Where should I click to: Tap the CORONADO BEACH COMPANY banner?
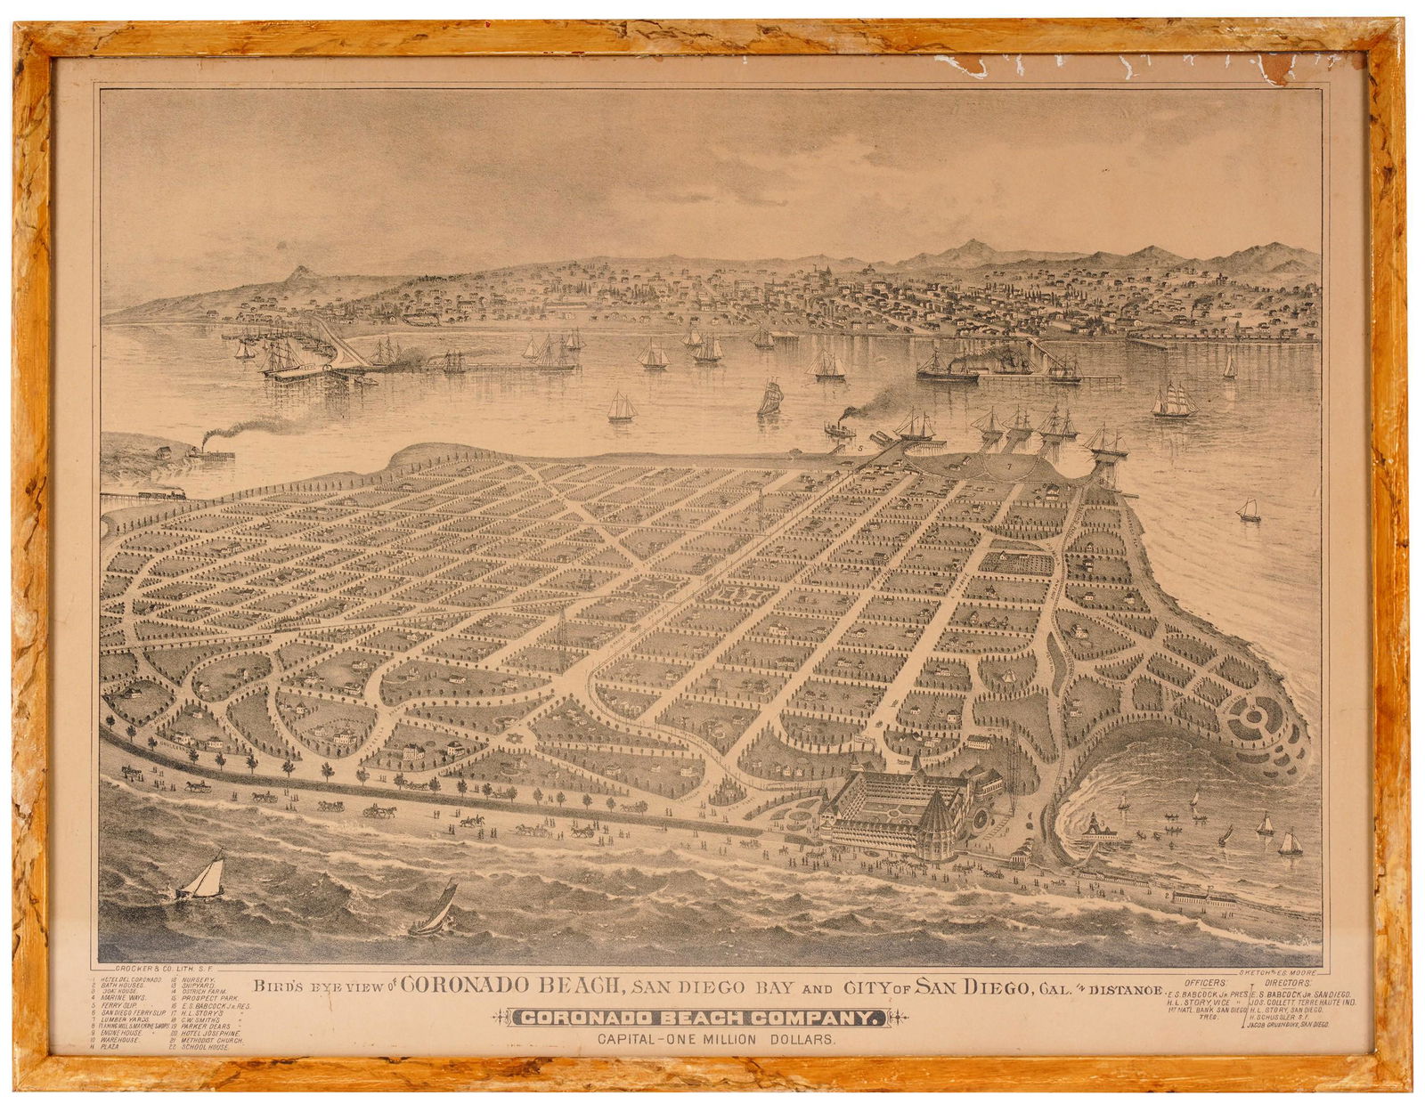point(704,1019)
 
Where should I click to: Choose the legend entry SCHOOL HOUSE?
point(207,1047)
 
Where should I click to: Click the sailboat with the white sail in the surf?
point(205,876)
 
